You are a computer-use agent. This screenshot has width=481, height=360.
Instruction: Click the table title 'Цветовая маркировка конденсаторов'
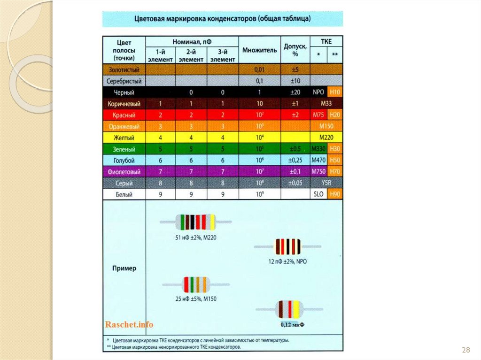click(x=223, y=19)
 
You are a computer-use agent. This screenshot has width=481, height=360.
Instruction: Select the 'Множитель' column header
click(x=259, y=50)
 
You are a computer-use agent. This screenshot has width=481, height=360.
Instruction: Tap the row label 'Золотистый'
click(x=124, y=69)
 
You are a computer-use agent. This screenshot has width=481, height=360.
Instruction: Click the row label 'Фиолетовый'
click(x=124, y=171)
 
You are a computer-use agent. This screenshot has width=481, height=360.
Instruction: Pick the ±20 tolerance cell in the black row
click(x=295, y=92)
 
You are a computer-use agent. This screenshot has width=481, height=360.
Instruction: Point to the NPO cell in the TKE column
click(x=318, y=92)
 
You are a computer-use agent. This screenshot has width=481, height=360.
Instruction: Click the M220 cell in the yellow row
click(x=326, y=138)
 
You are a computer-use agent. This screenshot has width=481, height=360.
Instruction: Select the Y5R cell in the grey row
click(x=326, y=183)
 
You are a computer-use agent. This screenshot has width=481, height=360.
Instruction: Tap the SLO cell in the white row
click(x=318, y=194)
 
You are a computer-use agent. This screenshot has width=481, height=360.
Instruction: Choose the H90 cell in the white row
click(x=335, y=194)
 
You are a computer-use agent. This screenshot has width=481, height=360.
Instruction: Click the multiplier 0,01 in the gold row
click(x=259, y=69)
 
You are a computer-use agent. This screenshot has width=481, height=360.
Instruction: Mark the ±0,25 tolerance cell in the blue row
click(x=295, y=160)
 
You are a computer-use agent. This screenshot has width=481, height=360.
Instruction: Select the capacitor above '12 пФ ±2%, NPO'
click(x=287, y=246)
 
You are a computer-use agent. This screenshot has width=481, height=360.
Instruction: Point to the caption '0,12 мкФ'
click(x=292, y=324)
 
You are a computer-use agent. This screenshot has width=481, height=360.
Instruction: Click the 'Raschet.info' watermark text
click(x=129, y=324)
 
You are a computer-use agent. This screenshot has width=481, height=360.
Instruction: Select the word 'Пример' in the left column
click(x=124, y=268)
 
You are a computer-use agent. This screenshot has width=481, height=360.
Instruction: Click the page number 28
click(x=466, y=350)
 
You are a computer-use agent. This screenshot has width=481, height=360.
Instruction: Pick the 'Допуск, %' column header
click(x=295, y=50)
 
